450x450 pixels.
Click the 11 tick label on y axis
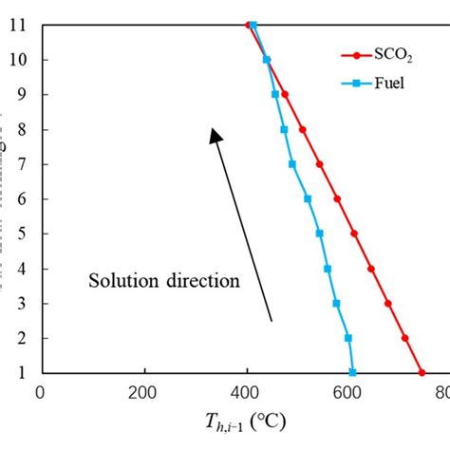point(19,25)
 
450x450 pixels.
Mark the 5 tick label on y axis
point(22,234)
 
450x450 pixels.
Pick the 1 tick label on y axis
point(22,372)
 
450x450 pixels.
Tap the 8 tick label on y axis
point(22,129)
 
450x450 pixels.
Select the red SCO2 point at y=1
point(422,372)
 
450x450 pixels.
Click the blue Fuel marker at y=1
point(352,372)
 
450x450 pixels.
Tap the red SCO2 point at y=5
point(354,234)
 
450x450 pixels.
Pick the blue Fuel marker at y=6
point(307,198)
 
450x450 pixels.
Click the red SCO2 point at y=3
point(387,303)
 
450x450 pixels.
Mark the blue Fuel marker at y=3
point(336,303)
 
